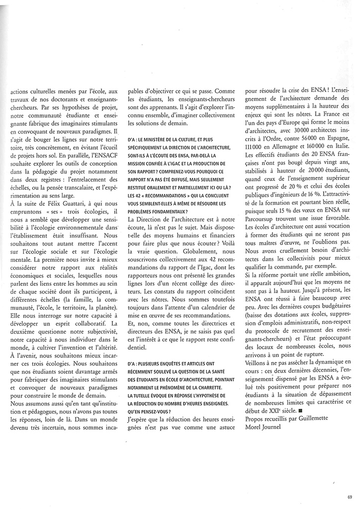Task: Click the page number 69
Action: click(350, 496)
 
